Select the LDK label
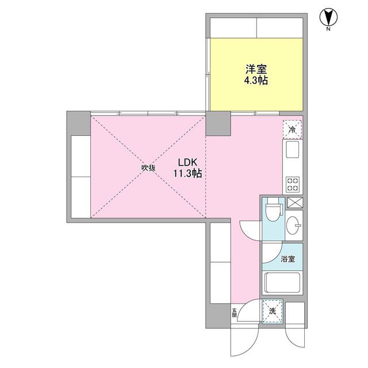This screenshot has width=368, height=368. click(186, 162)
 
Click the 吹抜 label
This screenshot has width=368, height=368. click(149, 168)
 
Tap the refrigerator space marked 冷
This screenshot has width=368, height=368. click(292, 130)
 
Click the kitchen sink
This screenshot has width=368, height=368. click(292, 152)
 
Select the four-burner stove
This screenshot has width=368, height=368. click(292, 184)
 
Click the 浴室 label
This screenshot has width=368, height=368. click(287, 259)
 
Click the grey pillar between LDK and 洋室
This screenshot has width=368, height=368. click(219, 122)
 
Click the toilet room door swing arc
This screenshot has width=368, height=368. click(250, 229)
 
